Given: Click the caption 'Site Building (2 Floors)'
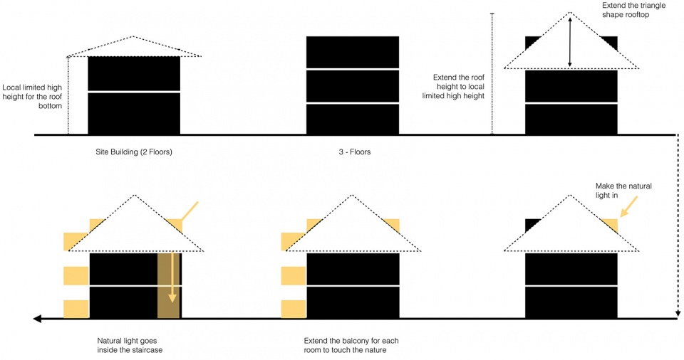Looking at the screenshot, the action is pos(134,152).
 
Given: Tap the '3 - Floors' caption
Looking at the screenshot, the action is pos(355,152).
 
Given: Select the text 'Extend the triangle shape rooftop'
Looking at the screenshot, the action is pos(634,10).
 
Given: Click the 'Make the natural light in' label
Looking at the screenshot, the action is pos(623,191).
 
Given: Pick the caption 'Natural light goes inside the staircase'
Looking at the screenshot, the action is pos(130,345).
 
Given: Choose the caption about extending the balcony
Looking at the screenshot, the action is pos(351,345).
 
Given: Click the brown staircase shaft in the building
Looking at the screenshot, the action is pos(168,285).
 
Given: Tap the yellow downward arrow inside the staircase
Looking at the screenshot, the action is pos(172,277).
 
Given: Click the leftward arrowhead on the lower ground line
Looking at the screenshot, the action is pos(38,319).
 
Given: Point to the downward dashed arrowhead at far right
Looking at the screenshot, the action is pos(678,313).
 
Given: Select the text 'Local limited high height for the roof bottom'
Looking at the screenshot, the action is pos(32,97).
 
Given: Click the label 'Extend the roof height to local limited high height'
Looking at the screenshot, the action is pos(454,86).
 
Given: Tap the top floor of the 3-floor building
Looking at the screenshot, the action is pos(353,53).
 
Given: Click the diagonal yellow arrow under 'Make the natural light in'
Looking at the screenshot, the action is pos(628,206).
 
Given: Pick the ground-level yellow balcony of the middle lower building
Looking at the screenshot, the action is pos(294,309).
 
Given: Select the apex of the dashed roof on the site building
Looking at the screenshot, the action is pos(133,36).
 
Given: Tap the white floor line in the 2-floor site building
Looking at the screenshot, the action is pos(134,92).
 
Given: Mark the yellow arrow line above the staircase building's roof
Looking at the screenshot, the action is pos(190,211).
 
